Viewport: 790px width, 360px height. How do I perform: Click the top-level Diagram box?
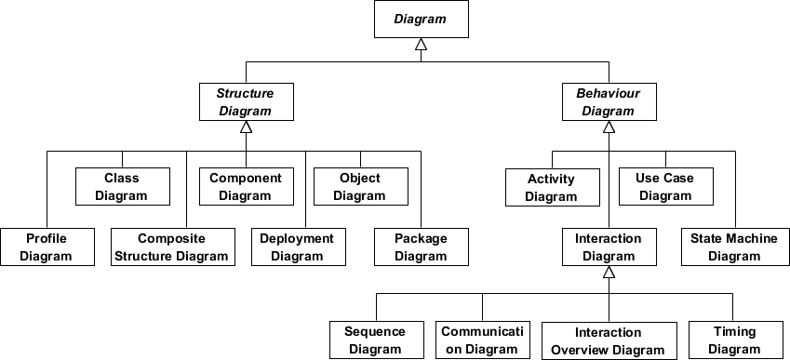point(421,19)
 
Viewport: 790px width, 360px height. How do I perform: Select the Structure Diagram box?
point(245,101)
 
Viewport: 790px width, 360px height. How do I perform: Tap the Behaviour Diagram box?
point(608,101)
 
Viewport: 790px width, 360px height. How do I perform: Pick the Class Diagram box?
point(122,186)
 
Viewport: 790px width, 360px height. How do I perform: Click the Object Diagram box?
point(359,186)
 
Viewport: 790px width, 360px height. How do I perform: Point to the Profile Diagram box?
point(47,247)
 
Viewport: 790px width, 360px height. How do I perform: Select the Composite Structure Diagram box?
point(172,247)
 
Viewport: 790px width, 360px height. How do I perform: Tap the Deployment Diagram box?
point(296,247)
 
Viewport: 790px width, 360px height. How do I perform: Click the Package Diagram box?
point(421,247)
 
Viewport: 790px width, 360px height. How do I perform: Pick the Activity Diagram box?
point(551,187)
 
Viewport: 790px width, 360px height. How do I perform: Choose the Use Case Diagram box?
point(665,186)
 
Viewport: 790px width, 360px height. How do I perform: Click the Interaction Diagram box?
point(608,247)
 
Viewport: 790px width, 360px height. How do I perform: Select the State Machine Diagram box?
point(734,247)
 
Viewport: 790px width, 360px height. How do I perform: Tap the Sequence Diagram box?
point(375,340)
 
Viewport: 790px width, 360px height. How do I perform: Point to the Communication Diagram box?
point(483,340)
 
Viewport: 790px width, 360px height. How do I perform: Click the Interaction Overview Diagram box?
point(608,340)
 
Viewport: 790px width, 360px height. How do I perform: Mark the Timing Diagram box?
point(734,340)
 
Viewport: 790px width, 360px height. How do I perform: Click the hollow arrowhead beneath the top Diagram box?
point(421,44)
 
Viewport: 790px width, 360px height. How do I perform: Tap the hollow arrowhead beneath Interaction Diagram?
point(608,273)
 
